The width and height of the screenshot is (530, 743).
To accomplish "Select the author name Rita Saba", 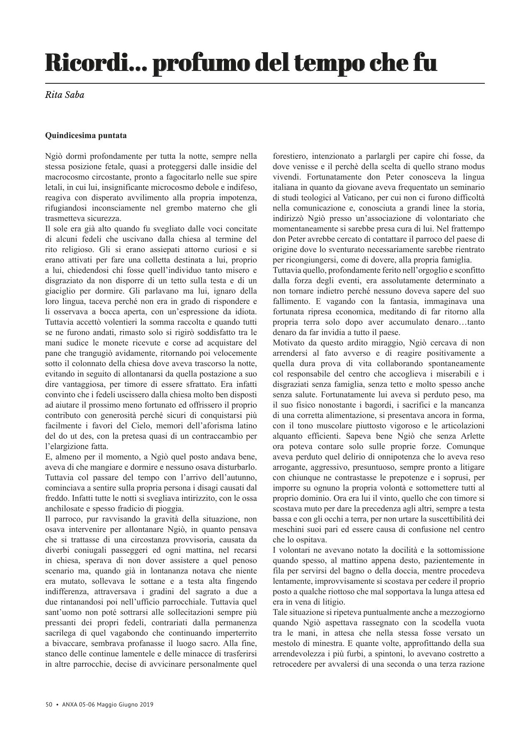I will tap(64, 95).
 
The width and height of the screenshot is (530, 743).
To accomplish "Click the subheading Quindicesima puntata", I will tap(86, 136).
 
